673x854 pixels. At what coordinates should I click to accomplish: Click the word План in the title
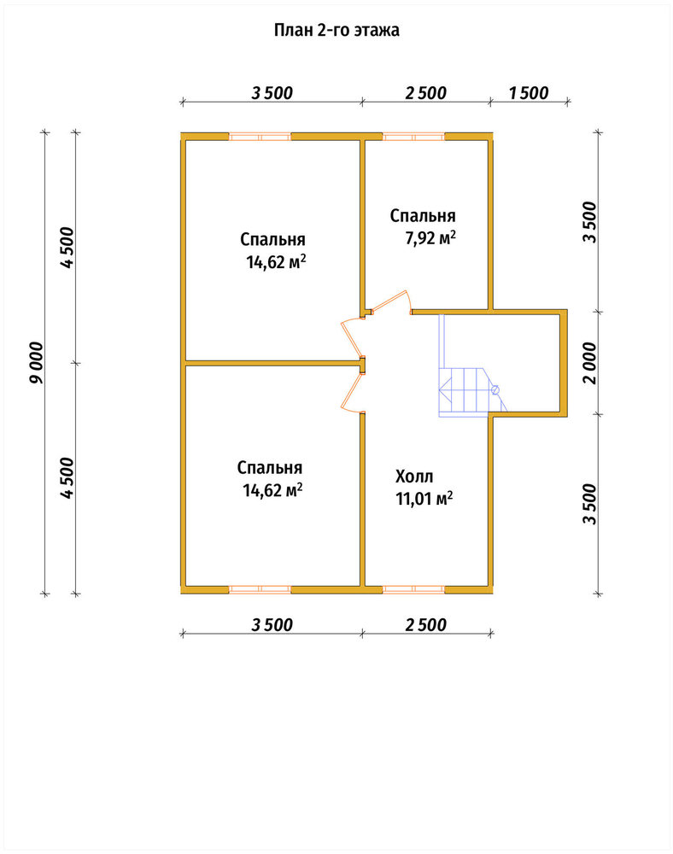pyautogui.click(x=292, y=30)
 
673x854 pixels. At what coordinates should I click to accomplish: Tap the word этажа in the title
pyautogui.click(x=377, y=31)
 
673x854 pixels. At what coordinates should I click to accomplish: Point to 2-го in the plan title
pyautogui.click(x=333, y=30)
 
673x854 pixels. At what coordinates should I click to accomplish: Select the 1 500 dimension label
pyautogui.click(x=529, y=93)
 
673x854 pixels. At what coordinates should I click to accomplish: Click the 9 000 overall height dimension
pyautogui.click(x=36, y=363)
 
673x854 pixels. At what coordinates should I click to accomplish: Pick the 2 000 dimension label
pyautogui.click(x=589, y=363)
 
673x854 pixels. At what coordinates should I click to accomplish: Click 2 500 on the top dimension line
pyautogui.click(x=426, y=93)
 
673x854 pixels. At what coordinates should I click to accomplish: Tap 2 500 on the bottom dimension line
pyautogui.click(x=426, y=625)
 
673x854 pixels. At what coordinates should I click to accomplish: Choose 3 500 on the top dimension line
pyautogui.click(x=272, y=93)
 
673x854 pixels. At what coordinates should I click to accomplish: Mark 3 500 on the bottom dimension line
pyautogui.click(x=272, y=625)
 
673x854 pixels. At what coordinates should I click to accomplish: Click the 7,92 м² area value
pyautogui.click(x=430, y=238)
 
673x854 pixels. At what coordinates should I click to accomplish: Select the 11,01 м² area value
pyautogui.click(x=424, y=499)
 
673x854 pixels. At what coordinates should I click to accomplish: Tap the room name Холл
pyautogui.click(x=414, y=477)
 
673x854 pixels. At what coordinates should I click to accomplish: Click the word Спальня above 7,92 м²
pyautogui.click(x=423, y=216)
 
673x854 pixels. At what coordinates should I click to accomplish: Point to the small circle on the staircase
pyautogui.click(x=495, y=389)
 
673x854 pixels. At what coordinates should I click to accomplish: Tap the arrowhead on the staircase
pyautogui.click(x=444, y=390)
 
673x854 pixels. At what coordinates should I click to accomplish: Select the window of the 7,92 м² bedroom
pyautogui.click(x=414, y=136)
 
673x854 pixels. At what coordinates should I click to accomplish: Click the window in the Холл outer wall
pyautogui.click(x=414, y=589)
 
